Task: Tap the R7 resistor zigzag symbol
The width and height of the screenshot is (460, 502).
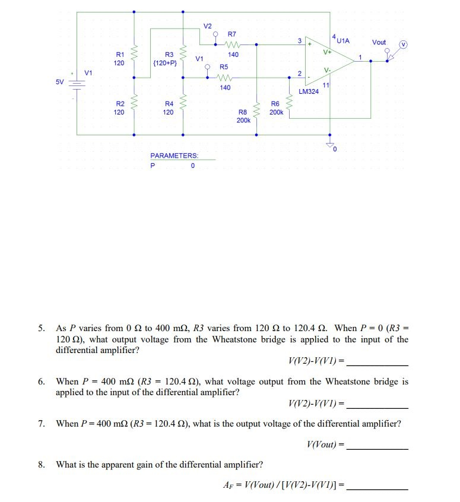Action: (x=233, y=44)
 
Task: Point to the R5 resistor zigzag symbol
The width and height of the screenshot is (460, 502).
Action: (x=225, y=77)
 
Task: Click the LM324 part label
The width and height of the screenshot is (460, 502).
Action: (x=309, y=92)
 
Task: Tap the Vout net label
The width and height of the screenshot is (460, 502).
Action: (x=379, y=42)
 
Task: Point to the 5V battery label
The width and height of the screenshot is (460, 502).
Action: (x=60, y=82)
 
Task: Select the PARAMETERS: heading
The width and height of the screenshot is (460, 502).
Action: (x=174, y=155)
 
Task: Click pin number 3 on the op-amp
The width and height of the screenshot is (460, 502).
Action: (x=300, y=40)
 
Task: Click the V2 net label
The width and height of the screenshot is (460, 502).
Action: (x=207, y=26)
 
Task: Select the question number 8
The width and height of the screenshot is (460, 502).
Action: (x=42, y=465)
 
